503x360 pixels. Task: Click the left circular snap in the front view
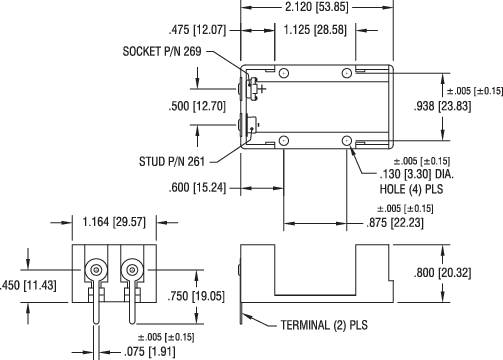pyautogui.click(x=95, y=271)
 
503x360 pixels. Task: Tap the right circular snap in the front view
pyautogui.click(x=131, y=271)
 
